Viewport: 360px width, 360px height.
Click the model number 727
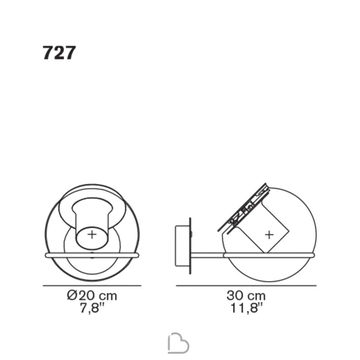point(59,53)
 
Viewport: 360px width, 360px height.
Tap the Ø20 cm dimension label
point(92,295)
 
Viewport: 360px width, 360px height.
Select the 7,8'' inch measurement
point(92,307)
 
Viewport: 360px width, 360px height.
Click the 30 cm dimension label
point(246,295)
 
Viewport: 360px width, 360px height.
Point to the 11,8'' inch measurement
point(246,307)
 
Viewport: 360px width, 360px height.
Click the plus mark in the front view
point(92,235)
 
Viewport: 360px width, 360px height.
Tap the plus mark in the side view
point(269,235)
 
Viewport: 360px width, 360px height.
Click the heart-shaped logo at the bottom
point(178,343)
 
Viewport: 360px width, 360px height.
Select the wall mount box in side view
point(182,246)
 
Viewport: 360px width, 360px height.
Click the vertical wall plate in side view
point(190,246)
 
